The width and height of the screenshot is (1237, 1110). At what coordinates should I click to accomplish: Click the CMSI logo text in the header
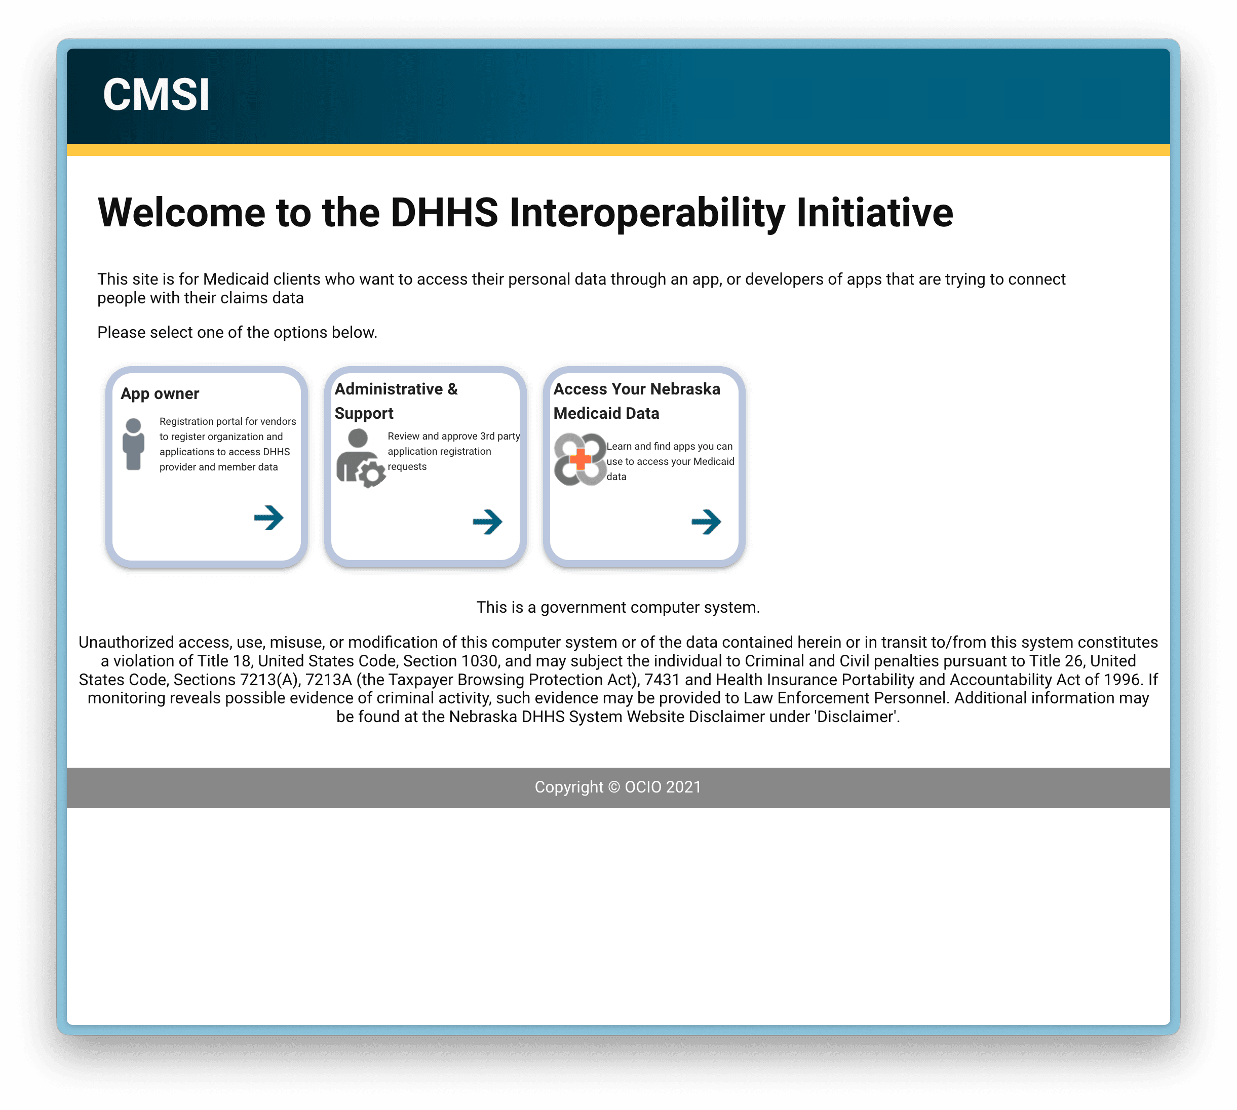coord(156,95)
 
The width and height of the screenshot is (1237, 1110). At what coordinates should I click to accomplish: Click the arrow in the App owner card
coord(269,518)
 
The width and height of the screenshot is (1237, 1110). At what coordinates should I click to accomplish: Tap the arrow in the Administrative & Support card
coord(487,522)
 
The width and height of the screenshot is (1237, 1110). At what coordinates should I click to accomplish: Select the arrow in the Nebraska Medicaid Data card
coord(706,522)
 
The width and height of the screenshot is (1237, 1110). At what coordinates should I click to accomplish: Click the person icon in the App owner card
coord(134,444)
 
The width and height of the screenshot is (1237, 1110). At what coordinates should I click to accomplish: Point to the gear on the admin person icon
coord(371,474)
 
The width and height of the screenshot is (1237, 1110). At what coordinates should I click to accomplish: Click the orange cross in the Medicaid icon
coord(579,459)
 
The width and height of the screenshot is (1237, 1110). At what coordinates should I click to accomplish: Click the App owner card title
coord(160,393)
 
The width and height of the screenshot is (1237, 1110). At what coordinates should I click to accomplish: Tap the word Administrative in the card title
coord(389,388)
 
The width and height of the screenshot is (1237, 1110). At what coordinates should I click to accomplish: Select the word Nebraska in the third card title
coord(685,388)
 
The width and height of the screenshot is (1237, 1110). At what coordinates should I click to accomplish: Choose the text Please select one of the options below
coord(237,332)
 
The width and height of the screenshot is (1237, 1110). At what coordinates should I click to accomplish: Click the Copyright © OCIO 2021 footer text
coord(618,787)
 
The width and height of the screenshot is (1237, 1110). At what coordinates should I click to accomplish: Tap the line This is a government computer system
coord(618,608)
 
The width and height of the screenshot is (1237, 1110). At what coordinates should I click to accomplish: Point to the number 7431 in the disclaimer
coord(662,680)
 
